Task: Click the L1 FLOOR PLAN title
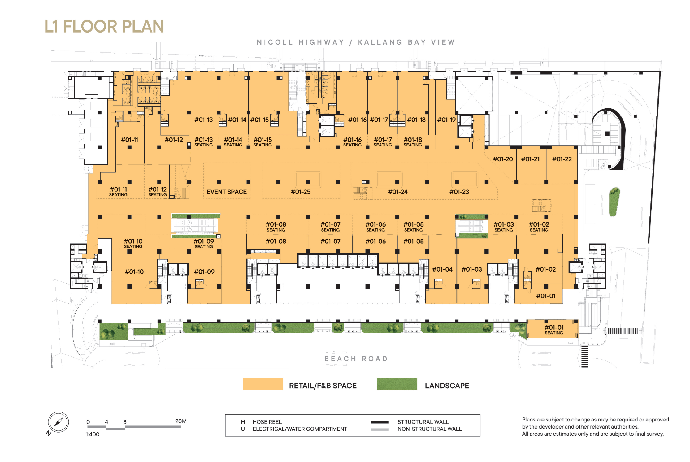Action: [104, 26]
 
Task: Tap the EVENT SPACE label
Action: [227, 192]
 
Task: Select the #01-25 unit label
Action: [301, 192]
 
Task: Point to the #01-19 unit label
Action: [446, 120]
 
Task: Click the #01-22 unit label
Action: [562, 159]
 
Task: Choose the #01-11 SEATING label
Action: [118, 192]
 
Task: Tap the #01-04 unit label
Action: [442, 269]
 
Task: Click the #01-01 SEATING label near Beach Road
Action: [554, 330]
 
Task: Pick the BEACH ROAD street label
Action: [356, 359]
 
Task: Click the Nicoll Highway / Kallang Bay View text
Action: [356, 42]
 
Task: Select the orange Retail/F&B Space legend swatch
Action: [263, 384]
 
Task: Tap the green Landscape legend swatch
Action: [397, 384]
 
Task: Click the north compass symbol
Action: [58, 422]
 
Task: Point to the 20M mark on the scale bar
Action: [181, 421]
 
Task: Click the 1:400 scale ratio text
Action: [93, 434]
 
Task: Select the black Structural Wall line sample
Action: [380, 422]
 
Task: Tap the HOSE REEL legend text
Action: [267, 422]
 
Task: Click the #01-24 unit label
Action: [398, 192]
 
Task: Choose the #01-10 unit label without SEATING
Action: [134, 272]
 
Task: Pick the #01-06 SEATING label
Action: [375, 227]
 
